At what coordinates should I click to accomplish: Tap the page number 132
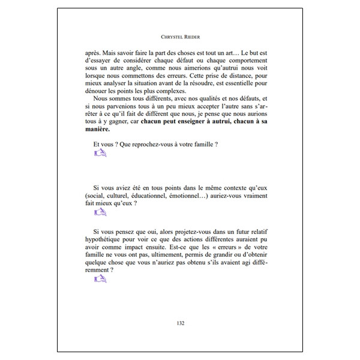click(180, 324)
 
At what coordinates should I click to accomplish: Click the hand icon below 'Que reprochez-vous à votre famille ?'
click(100, 154)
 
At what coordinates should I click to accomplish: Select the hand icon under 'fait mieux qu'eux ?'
click(100, 212)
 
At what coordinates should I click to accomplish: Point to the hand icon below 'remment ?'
click(100, 278)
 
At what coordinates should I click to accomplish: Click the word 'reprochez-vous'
click(148, 145)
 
